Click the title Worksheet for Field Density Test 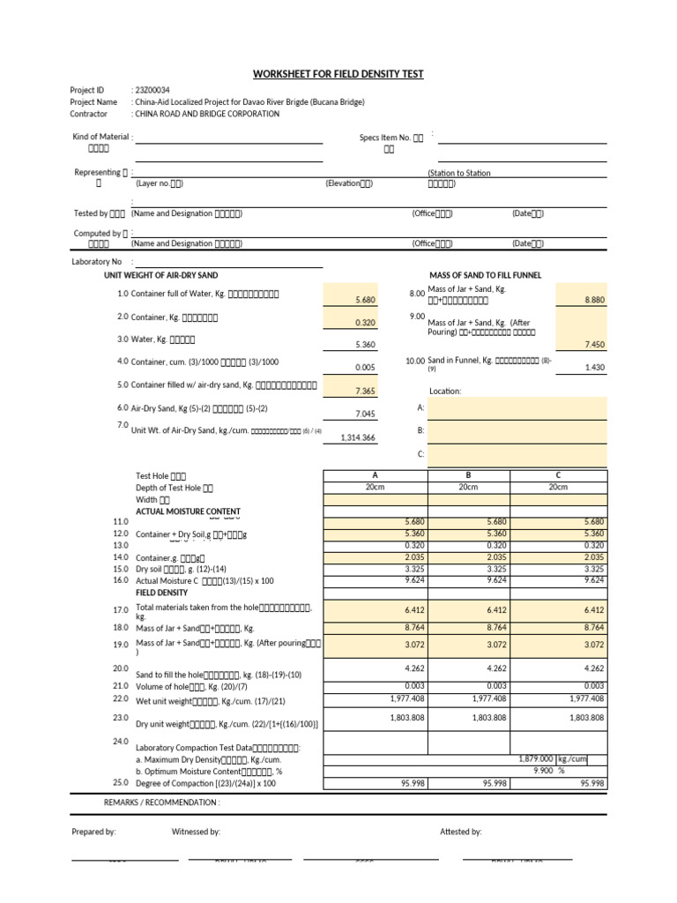pyautogui.click(x=338, y=74)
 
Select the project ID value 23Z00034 pyautogui.click(x=152, y=90)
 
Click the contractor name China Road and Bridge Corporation pyautogui.click(x=207, y=114)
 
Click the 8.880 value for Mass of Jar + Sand pyautogui.click(x=594, y=300)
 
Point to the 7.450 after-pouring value pyautogui.click(x=594, y=345)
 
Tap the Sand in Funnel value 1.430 pyautogui.click(x=594, y=368)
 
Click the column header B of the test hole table pyautogui.click(x=468, y=475)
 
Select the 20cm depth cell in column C pyautogui.click(x=558, y=487)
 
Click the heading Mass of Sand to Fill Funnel pyautogui.click(x=485, y=275)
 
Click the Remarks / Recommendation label pyautogui.click(x=161, y=802)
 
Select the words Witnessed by pyautogui.click(x=196, y=832)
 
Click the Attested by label pyautogui.click(x=460, y=832)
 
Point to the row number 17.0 pyautogui.click(x=121, y=609)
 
